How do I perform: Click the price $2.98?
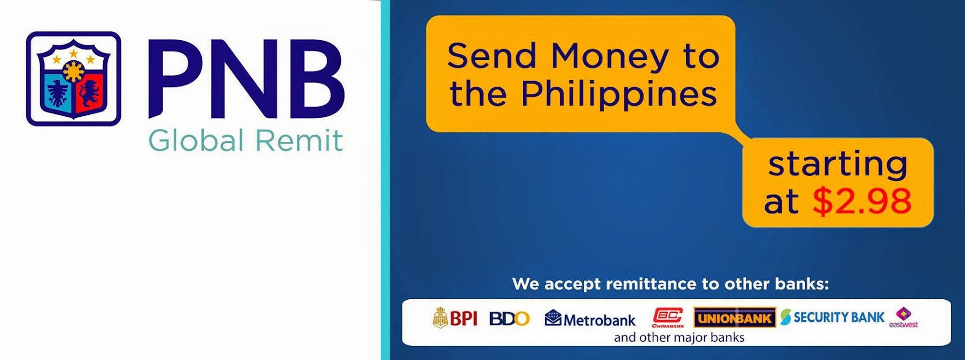pyautogui.click(x=862, y=201)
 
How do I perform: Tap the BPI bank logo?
pyautogui.click(x=455, y=318)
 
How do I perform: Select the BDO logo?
pyautogui.click(x=510, y=318)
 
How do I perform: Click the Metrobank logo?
pyautogui.click(x=590, y=319)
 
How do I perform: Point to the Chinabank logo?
pyautogui.click(x=668, y=318)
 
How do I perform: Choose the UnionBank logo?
pyautogui.click(x=735, y=318)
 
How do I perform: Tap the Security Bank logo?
pyautogui.click(x=832, y=317)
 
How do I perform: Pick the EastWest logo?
pyautogui.click(x=903, y=318)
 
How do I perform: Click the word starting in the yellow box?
pyautogui.click(x=838, y=165)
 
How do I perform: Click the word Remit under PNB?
pyautogui.click(x=299, y=141)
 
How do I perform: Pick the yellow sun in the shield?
pyautogui.click(x=74, y=72)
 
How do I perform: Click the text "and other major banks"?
pyautogui.click(x=679, y=337)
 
